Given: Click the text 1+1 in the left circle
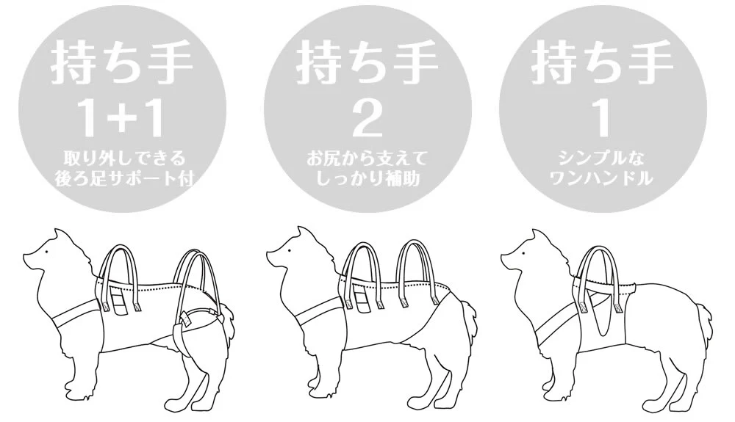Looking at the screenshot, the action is [x=122, y=120].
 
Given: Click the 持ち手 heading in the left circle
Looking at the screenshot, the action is [x=122, y=62].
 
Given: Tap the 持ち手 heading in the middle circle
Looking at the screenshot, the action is [x=367, y=62].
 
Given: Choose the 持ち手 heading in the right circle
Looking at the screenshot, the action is [x=603, y=62].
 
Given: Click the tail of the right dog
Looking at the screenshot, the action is [x=702, y=322].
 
